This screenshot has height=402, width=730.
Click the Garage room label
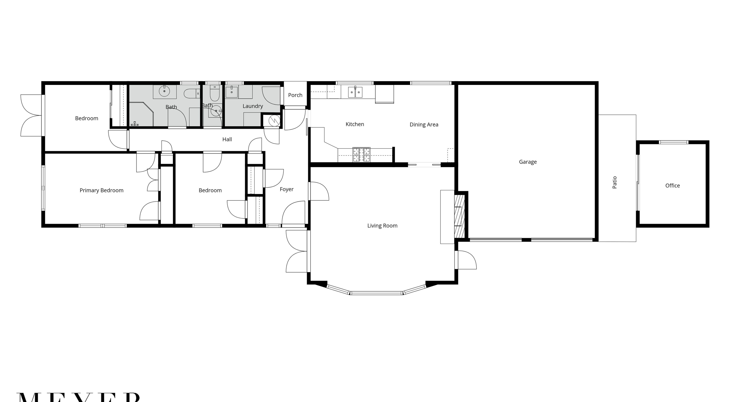pos(528,162)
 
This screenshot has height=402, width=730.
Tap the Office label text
pos(672,186)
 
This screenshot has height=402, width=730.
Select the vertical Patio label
pos(614,183)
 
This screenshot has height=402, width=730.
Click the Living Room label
pos(382,226)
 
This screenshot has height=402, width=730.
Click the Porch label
pos(295,95)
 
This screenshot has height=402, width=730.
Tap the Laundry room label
pos(252,106)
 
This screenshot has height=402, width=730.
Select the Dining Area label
pos(424,125)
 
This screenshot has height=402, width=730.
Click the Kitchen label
pos(354,124)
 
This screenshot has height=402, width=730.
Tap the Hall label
pos(227,139)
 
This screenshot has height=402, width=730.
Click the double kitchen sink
pos(355,92)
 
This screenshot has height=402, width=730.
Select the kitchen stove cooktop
pos(361,155)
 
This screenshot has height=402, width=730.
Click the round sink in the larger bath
pos(164,91)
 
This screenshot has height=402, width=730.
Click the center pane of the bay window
pos(376,293)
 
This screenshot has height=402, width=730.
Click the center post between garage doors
pos(526,240)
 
